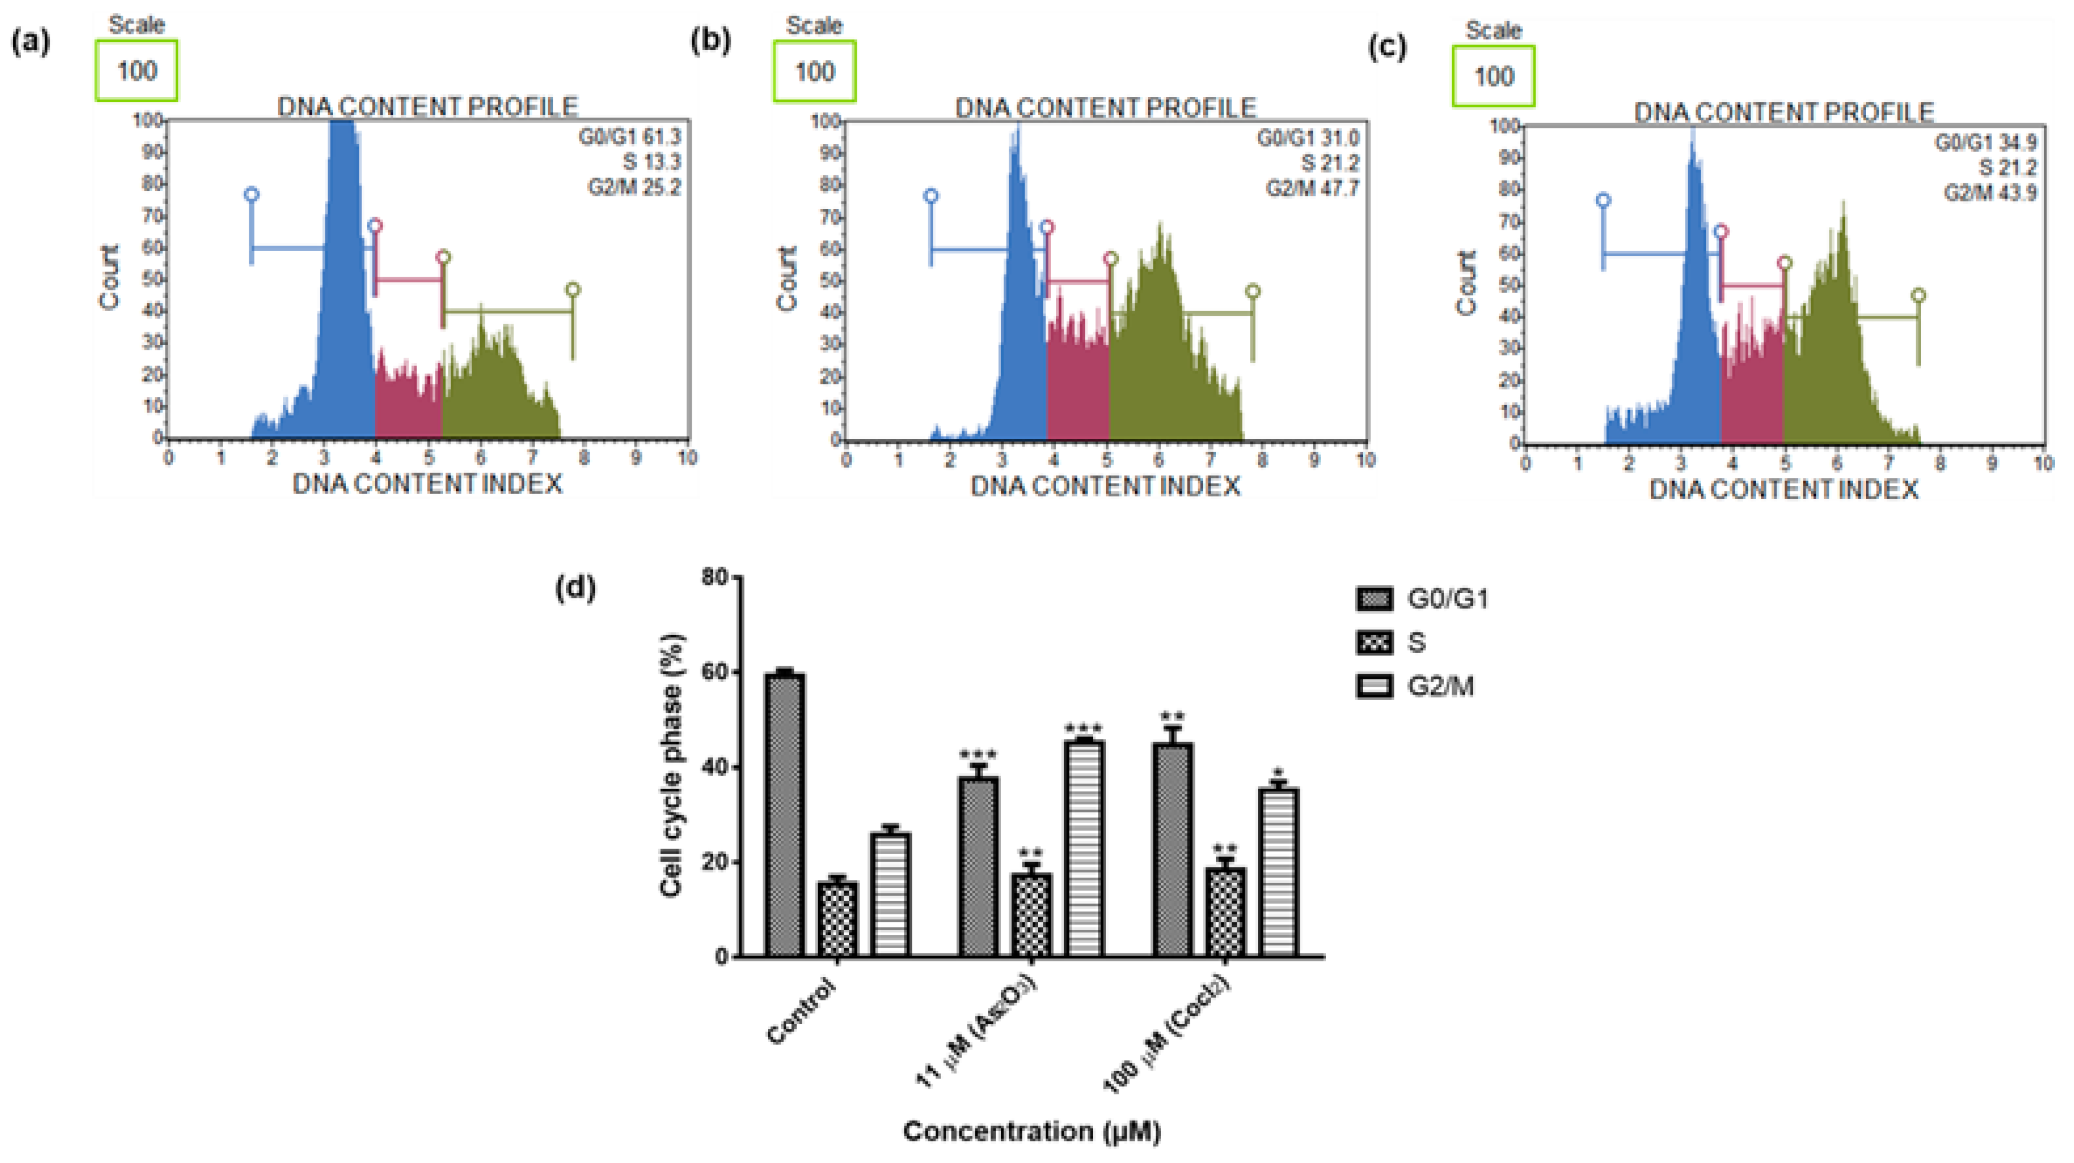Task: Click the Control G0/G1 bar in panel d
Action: point(784,815)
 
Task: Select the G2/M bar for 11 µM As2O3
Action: point(1084,848)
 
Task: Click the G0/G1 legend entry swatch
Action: point(1374,599)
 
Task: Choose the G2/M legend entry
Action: point(1422,686)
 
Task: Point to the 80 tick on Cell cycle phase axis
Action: point(715,577)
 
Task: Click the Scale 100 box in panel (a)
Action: point(137,71)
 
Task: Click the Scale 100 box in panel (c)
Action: point(1493,76)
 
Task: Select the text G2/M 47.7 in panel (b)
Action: point(1312,189)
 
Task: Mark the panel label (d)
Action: point(575,588)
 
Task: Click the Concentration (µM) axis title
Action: point(1032,1131)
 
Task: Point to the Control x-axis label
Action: point(802,1011)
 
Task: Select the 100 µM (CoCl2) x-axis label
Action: point(1167,1034)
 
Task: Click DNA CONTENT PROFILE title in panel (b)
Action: point(1105,108)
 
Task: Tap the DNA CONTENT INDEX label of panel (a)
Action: point(427,484)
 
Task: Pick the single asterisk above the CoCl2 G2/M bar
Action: point(1279,773)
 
